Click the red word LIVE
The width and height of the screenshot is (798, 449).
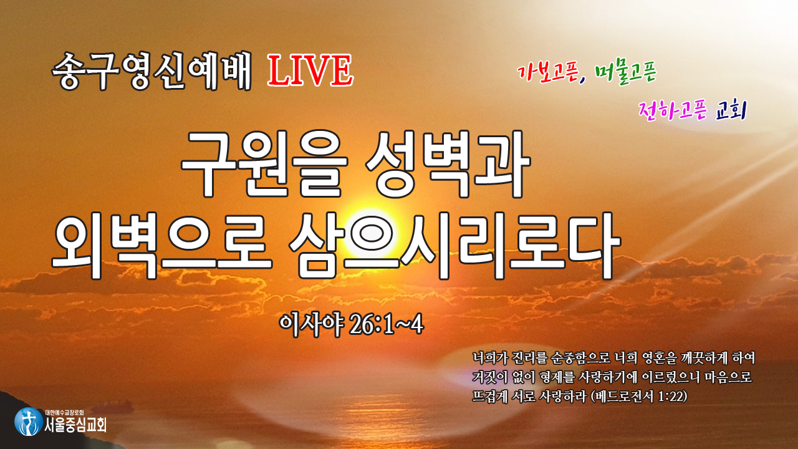(x=310, y=70)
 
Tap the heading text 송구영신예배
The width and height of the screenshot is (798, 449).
(x=151, y=71)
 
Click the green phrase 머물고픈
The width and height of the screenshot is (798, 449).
(x=625, y=74)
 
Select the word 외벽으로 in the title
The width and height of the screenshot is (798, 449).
(x=161, y=245)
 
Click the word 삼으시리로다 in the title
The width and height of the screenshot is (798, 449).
(x=455, y=245)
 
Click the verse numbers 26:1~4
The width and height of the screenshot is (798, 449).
(x=387, y=325)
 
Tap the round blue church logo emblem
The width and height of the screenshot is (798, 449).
(x=29, y=422)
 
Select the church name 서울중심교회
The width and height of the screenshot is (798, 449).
(x=75, y=425)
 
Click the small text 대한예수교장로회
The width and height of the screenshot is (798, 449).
(x=64, y=413)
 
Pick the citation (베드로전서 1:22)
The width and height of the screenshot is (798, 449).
(x=639, y=396)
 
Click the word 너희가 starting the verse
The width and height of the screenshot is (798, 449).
(x=490, y=358)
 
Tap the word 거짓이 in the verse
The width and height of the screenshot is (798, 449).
(x=490, y=377)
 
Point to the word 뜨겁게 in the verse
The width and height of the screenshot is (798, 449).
(x=490, y=396)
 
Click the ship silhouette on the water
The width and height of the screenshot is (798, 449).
(x=113, y=405)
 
